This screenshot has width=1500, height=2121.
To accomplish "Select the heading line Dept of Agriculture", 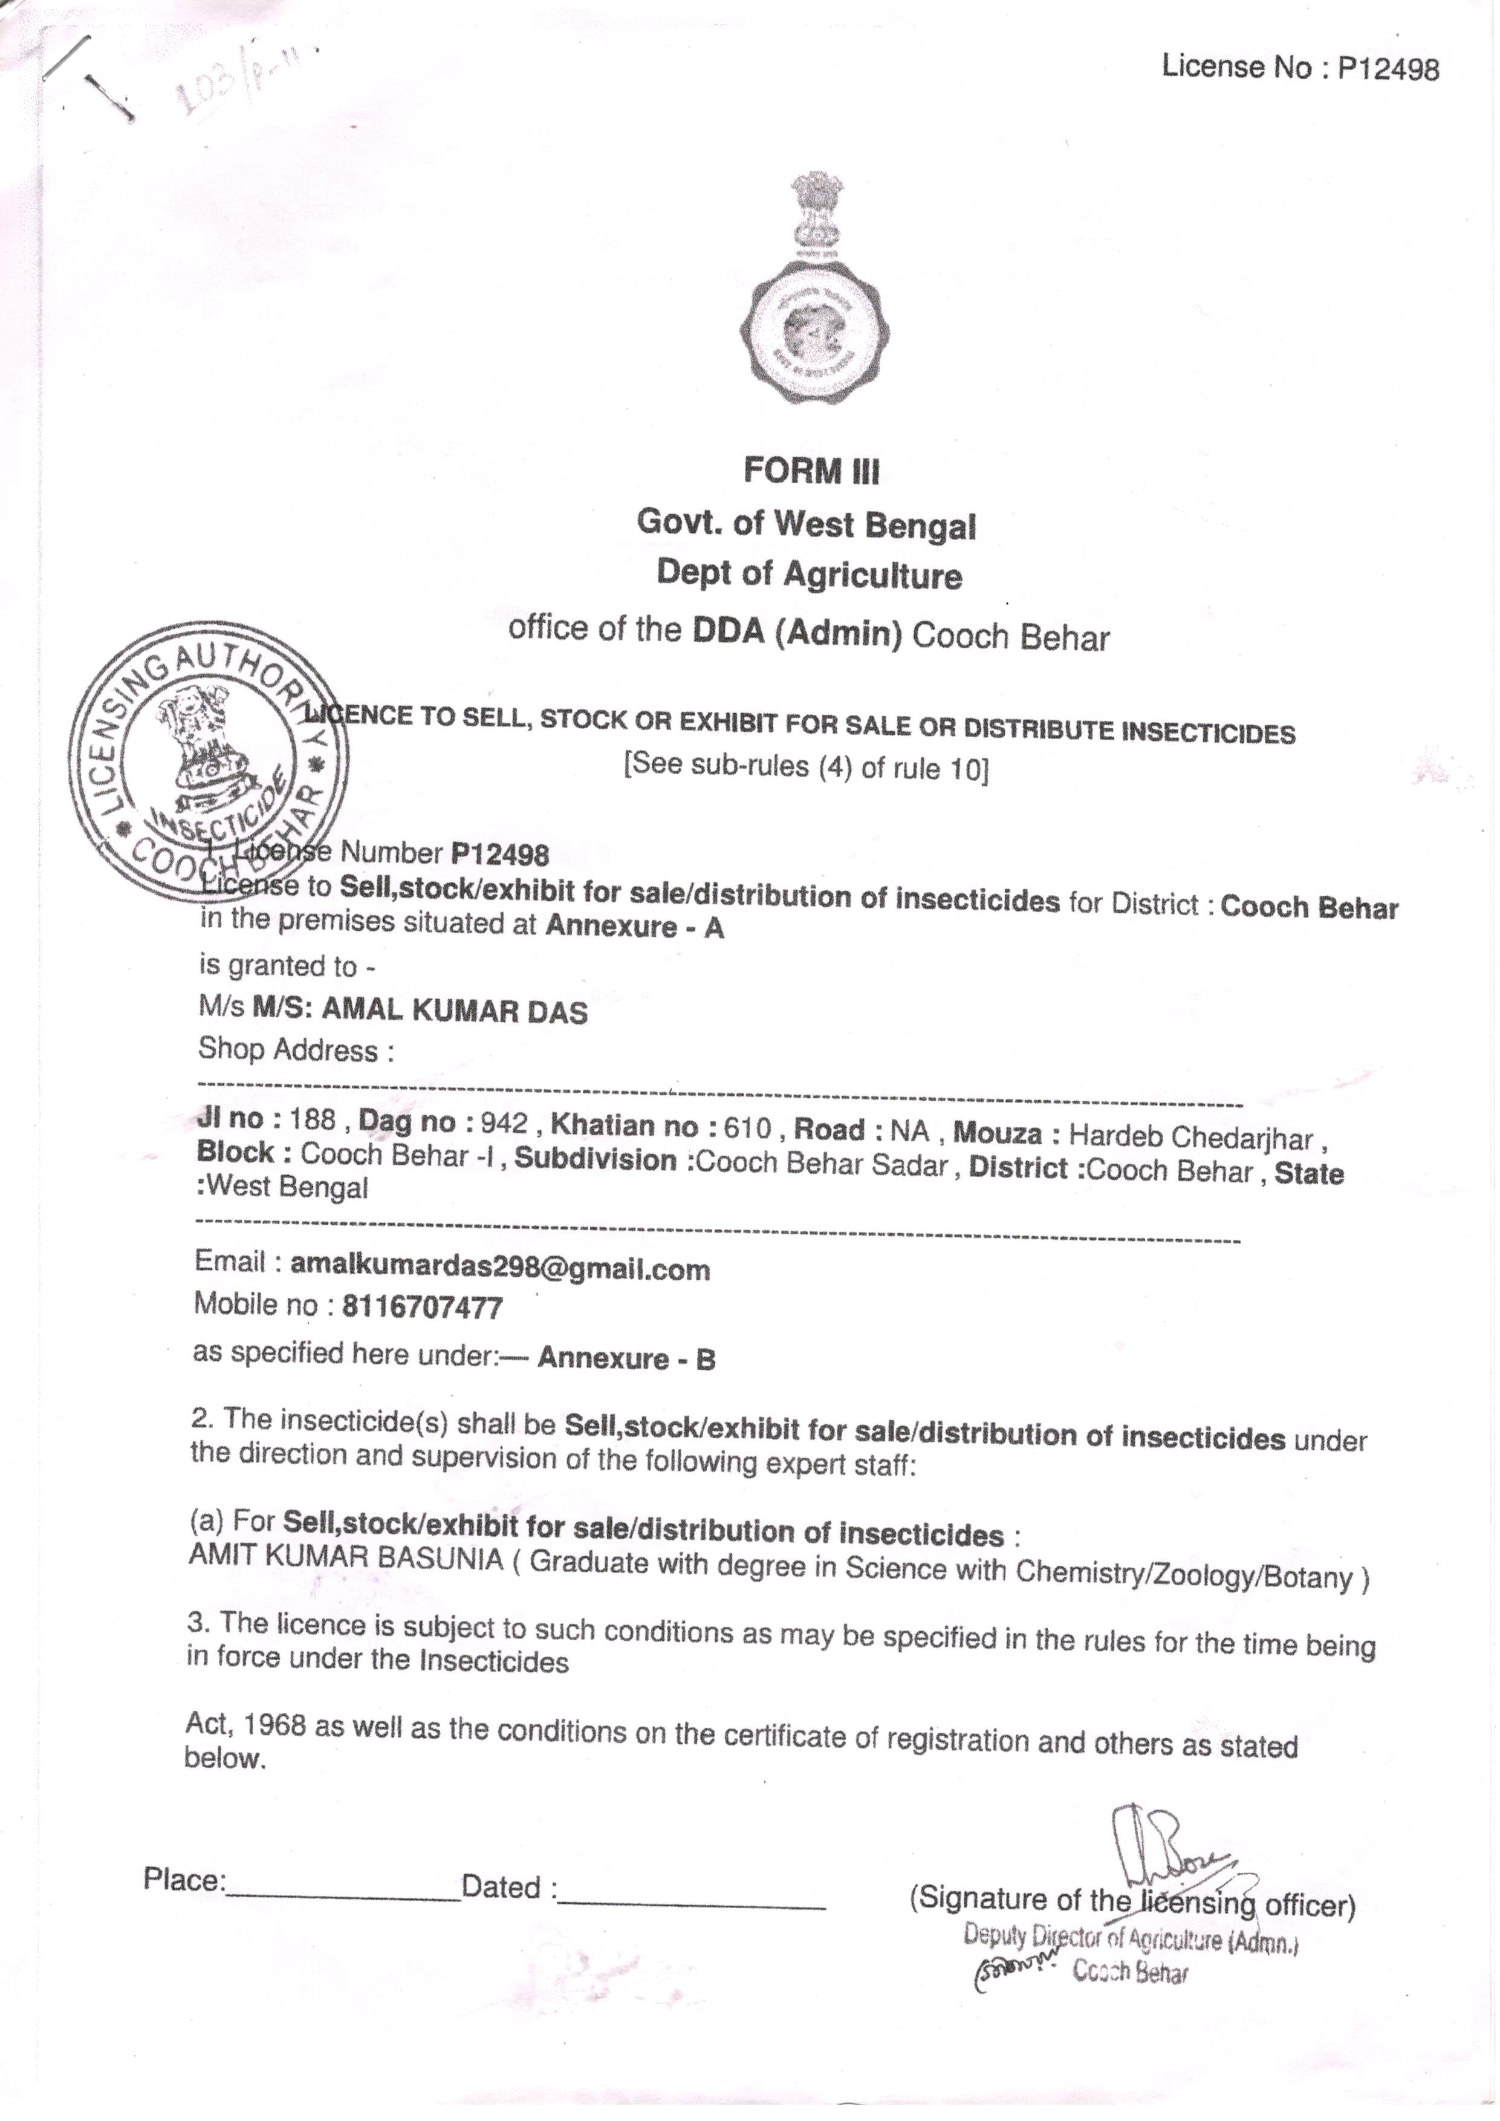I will click(809, 575).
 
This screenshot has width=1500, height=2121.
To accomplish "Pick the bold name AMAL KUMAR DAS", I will click(453, 1012).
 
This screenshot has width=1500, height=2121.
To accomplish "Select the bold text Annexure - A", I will click(635, 927).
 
